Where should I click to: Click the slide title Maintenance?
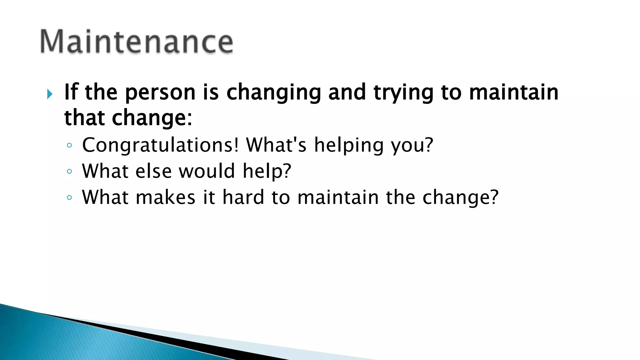(x=137, y=42)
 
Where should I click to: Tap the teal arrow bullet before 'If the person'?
(x=50, y=94)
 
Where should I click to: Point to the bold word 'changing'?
(x=274, y=93)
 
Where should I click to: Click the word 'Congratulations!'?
(x=160, y=145)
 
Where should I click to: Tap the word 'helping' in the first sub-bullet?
(x=348, y=146)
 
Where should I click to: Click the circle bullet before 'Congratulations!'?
(x=69, y=145)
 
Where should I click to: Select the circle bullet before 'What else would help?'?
(x=69, y=171)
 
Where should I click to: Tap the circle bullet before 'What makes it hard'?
(x=69, y=197)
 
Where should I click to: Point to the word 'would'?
(x=207, y=171)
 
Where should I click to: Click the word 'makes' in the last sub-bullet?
(x=166, y=197)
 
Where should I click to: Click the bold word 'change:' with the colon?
(x=152, y=119)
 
